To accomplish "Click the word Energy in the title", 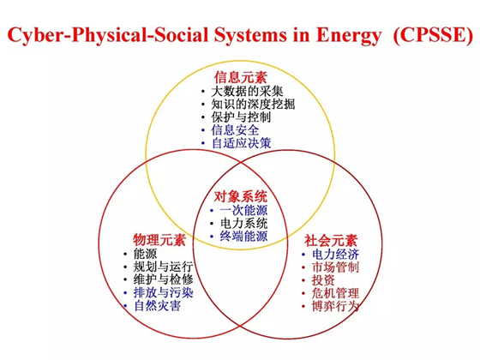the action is [348, 35].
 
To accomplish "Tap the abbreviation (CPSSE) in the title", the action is [433, 35].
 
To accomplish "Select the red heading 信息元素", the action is [241, 77].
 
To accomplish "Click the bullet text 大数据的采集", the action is [248, 91].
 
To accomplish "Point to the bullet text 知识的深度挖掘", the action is [253, 104].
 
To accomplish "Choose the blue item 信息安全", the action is [235, 130].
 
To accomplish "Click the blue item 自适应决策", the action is [241, 143].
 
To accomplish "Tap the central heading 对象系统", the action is [241, 196].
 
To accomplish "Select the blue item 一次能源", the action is [243, 210].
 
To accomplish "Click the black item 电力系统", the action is [243, 223].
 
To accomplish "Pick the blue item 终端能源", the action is [243, 236].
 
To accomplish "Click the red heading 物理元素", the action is [159, 240].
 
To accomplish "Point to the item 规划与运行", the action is [163, 267].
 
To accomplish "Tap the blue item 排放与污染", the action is [163, 292].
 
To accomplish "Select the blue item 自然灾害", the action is [158, 305].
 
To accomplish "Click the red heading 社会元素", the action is [331, 241].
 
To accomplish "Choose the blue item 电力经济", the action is [335, 254].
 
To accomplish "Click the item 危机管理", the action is [335, 293].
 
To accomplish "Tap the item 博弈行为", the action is [335, 306].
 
